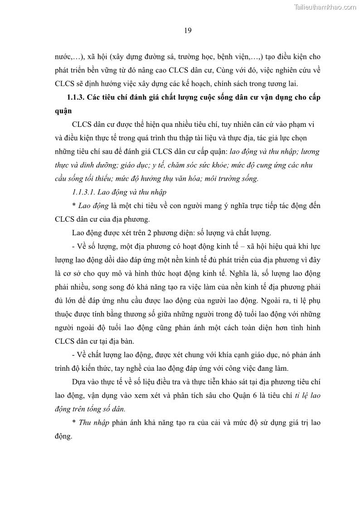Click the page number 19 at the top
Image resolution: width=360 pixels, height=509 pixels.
click(x=188, y=31)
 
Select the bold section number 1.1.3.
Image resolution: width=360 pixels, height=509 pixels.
click(x=77, y=97)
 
